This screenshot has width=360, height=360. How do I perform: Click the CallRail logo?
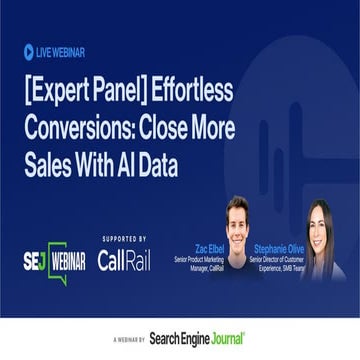click(123, 260)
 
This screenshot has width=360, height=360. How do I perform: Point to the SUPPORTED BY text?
click(123, 239)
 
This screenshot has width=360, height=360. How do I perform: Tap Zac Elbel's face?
click(238, 218)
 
